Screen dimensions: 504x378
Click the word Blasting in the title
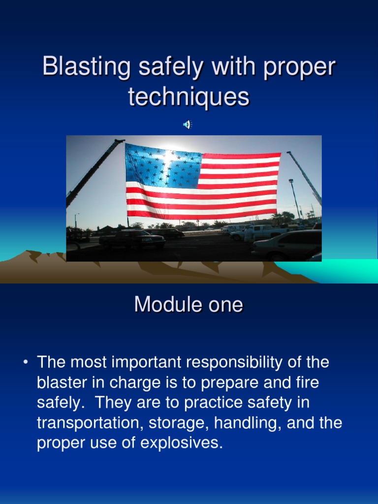coord(86,67)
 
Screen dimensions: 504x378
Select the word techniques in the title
coord(189,96)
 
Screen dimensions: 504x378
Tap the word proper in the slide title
coord(299,67)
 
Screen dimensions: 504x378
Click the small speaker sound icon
coord(187,125)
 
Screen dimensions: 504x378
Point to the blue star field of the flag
coord(162,167)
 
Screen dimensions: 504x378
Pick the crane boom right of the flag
coord(305,177)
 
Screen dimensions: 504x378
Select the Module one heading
coord(189,305)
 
